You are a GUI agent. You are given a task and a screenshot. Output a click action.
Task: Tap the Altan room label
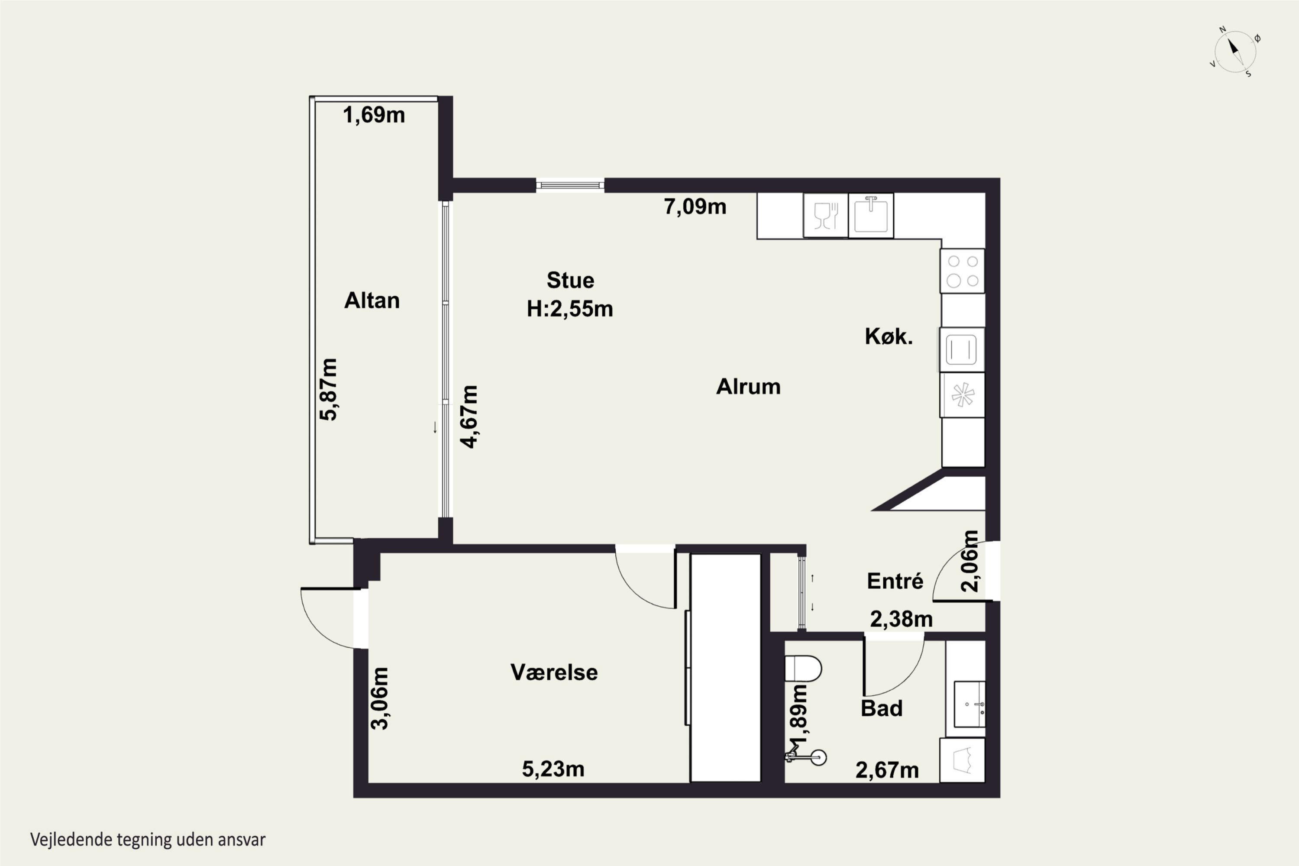coord(372,301)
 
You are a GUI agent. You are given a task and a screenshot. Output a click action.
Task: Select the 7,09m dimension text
coord(695,207)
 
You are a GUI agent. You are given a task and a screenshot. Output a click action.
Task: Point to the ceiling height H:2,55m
coord(570,309)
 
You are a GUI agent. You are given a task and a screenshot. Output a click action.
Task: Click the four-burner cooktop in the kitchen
coord(962,271)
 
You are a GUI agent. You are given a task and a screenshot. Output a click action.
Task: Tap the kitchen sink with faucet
coord(871,215)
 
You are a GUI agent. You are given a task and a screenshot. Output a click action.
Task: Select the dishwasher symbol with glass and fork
coord(826,215)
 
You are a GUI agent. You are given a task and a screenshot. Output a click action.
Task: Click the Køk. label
coord(889,336)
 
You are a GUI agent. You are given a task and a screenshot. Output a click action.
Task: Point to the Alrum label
coord(748,387)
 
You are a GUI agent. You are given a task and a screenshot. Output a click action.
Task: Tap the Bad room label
coord(882,708)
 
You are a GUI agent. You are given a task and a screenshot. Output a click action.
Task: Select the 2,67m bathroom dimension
coord(887,770)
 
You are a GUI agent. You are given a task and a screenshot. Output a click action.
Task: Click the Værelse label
coord(554,672)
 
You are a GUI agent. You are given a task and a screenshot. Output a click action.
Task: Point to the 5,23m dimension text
coord(553,769)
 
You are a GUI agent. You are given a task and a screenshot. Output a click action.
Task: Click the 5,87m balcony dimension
coord(329,389)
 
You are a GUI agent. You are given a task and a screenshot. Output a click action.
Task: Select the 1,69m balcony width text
coord(374,115)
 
